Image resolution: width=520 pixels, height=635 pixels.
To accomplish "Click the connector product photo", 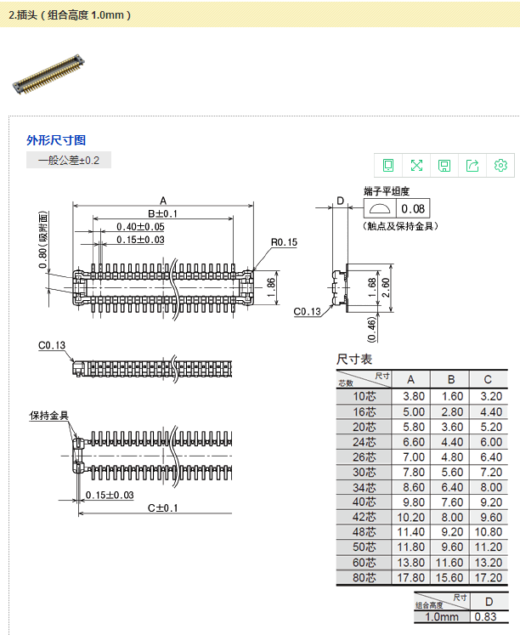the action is (48, 74).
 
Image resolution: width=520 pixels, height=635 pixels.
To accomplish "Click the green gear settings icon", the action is (500, 165).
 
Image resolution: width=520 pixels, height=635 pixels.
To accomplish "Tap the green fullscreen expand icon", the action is (416, 165).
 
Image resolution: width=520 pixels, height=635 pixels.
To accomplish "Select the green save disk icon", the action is (444, 165).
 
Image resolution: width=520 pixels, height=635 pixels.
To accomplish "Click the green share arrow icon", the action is (472, 165).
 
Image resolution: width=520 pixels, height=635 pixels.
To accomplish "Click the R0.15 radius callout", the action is (284, 242).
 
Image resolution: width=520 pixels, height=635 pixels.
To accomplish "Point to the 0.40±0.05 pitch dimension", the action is (140, 227).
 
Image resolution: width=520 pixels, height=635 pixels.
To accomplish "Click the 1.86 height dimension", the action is (272, 287).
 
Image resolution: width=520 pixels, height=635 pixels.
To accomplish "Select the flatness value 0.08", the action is (413, 208).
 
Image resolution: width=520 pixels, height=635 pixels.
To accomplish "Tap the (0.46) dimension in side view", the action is (371, 329).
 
